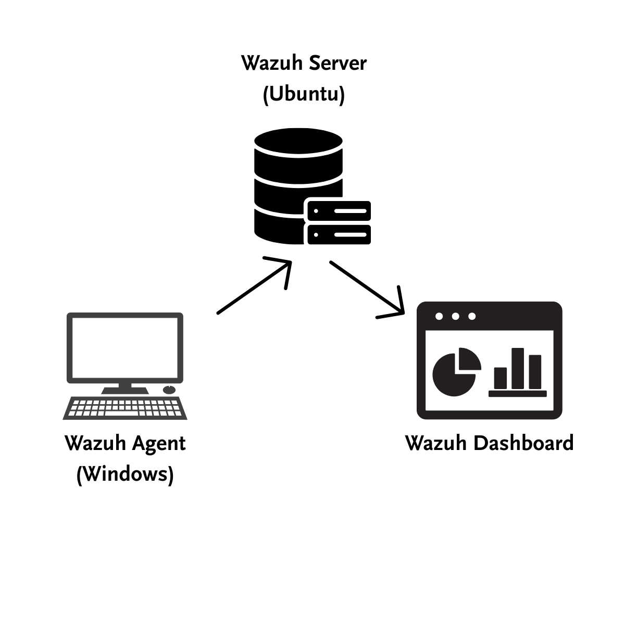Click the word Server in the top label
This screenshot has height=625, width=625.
[x=338, y=63]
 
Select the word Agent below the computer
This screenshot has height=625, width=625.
[x=158, y=444]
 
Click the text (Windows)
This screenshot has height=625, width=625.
[x=125, y=474]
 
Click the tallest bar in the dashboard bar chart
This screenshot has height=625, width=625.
[x=517, y=368]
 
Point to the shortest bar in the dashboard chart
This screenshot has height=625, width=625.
[x=501, y=378]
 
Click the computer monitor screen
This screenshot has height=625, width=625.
[x=125, y=348]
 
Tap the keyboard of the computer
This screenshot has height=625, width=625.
[x=125, y=408]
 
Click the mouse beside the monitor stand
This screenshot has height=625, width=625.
[x=169, y=390]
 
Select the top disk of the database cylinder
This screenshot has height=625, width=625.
[x=298, y=142]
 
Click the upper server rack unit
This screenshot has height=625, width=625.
[x=339, y=211]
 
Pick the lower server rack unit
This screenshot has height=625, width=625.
[x=339, y=234]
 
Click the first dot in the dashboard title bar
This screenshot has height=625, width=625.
[x=439, y=316]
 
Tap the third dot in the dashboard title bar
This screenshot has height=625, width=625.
[x=472, y=316]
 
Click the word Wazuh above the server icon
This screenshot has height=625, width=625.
[x=272, y=63]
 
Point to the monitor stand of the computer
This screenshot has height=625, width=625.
[x=125, y=388]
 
